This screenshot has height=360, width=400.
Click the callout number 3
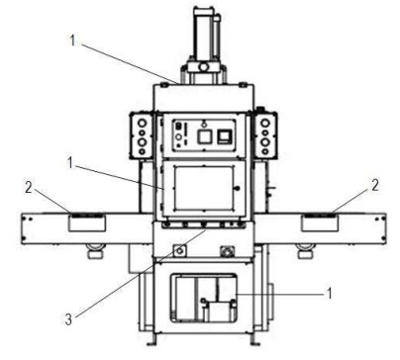click(68, 319)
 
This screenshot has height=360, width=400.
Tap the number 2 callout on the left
click(29, 188)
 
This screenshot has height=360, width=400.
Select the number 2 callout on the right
click(375, 186)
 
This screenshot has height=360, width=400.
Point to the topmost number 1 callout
click(72, 41)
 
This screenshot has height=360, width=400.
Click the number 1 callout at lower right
click(329, 293)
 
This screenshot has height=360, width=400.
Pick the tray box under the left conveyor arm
click(87, 224)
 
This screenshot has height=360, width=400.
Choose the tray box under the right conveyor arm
click(320, 224)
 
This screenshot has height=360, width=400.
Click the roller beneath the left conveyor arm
click(95, 249)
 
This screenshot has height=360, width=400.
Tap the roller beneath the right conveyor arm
click(306, 249)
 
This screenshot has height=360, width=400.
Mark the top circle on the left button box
click(143, 124)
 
